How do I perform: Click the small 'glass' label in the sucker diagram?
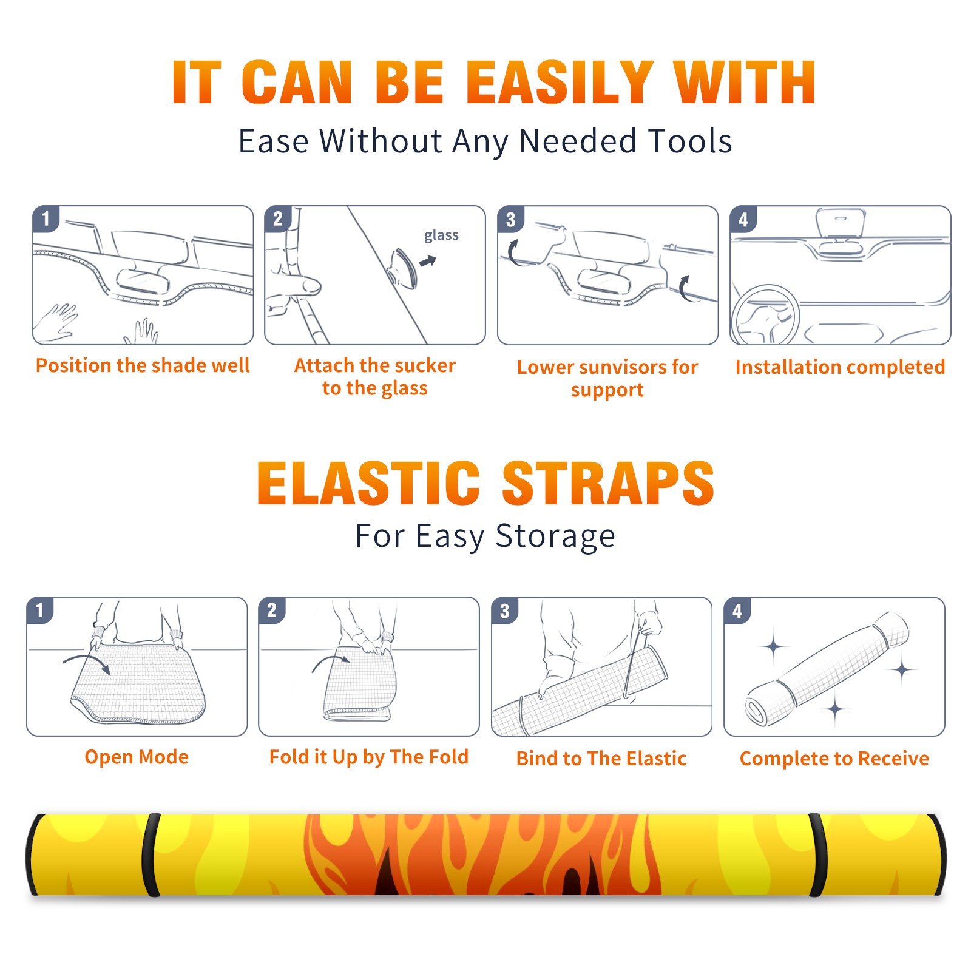[x=441, y=235]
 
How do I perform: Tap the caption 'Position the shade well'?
[x=143, y=365]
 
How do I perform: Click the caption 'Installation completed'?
[x=840, y=367]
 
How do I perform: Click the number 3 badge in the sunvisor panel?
[x=510, y=219]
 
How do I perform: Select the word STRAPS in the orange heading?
[x=608, y=483]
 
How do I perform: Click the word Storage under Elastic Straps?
[x=555, y=536]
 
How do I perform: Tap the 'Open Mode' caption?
[x=137, y=757]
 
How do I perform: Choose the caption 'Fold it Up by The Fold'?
[x=369, y=757]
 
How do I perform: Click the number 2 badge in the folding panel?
[x=272, y=610]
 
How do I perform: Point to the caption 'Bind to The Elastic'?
[x=601, y=759]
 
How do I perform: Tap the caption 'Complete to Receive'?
[x=834, y=759]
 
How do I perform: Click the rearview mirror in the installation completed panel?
[x=841, y=223]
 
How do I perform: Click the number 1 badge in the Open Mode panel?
[x=40, y=610]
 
